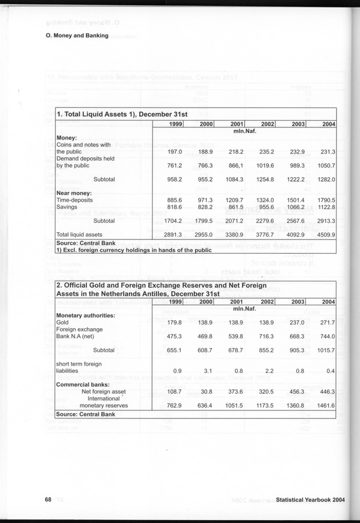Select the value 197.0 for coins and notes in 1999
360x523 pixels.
pos(173,151)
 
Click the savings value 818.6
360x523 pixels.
pos(173,206)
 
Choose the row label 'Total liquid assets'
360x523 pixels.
pos(79,234)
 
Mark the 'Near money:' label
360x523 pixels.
pos(74,193)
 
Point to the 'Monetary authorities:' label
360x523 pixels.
pos(86,316)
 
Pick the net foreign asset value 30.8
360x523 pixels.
pos(205,392)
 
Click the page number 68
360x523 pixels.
pos(49,499)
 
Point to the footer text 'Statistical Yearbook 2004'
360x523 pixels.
pos(310,500)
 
